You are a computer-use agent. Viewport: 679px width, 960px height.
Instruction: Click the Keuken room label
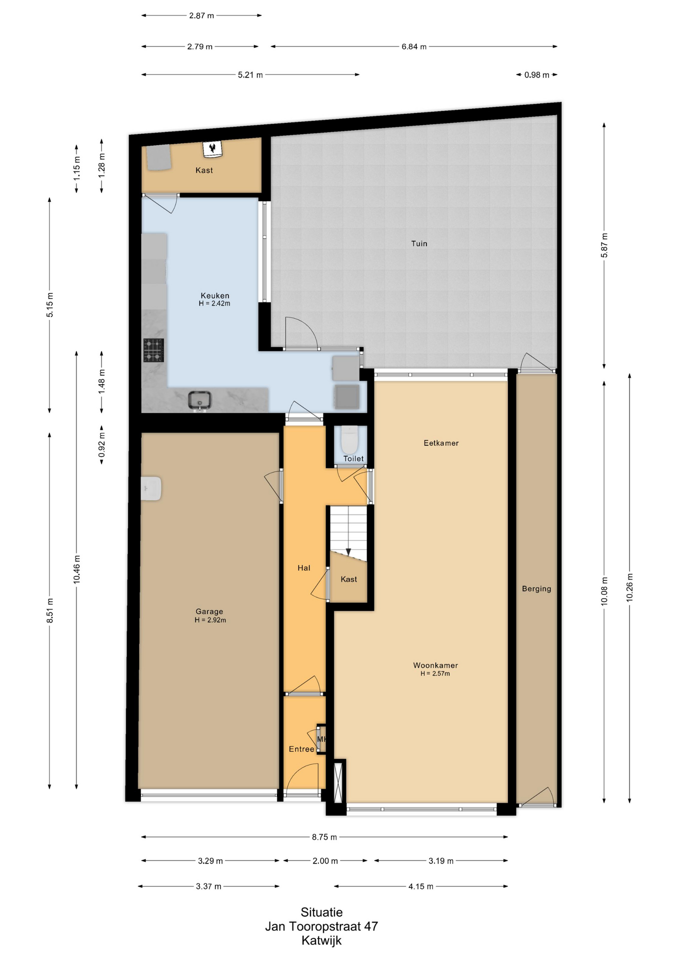pos(215,295)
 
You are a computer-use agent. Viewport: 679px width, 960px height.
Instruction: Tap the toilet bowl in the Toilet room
pos(349,439)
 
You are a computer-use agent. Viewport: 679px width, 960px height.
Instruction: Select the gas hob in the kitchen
pos(153,350)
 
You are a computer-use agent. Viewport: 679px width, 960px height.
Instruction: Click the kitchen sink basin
pos(200,400)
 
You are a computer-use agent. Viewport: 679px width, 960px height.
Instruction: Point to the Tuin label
pos(419,243)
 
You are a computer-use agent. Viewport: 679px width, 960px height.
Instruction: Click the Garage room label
pos(209,611)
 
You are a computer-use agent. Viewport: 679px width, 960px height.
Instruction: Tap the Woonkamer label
pos(435,665)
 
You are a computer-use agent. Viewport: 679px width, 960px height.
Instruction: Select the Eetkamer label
pos(441,443)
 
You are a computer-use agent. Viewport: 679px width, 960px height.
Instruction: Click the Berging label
pos(536,588)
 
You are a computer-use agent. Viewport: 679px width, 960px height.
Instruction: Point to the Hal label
pos(304,567)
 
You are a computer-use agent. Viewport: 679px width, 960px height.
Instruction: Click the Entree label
pos(301,749)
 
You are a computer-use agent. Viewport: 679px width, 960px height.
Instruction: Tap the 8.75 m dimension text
pos(324,836)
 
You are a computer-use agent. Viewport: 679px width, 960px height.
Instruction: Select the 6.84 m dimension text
pos(414,46)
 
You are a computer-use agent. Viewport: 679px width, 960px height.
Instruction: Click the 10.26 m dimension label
pos(629,587)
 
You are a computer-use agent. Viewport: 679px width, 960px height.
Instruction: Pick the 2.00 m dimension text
pos(325,860)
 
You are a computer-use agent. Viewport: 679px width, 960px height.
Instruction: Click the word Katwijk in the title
pos(321,940)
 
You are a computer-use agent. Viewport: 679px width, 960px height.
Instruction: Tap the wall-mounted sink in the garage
pos(151,488)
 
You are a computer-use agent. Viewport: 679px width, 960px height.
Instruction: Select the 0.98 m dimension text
pos(537,75)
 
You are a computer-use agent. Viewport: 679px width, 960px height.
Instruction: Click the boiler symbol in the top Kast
pos(213,148)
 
